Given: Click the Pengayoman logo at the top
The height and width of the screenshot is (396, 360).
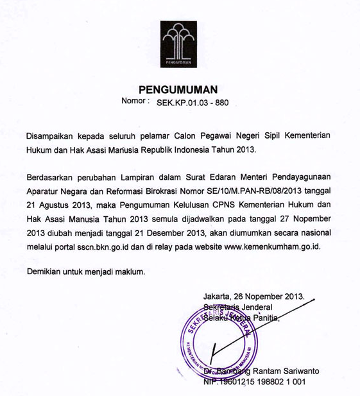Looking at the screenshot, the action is (x=179, y=44).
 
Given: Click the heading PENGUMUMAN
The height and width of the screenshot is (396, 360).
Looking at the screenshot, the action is (x=179, y=89).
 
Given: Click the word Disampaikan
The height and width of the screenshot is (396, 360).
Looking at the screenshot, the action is (x=52, y=137).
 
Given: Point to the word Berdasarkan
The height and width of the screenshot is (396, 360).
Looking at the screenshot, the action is (x=53, y=176).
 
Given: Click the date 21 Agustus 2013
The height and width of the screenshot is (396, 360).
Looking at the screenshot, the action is (x=59, y=205).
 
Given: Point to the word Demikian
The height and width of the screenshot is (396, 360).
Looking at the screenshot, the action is (x=46, y=271).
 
